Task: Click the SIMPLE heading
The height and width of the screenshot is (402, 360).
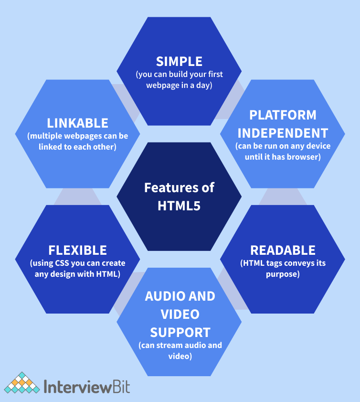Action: coord(179,61)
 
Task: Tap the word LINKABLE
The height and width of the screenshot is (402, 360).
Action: coord(77,123)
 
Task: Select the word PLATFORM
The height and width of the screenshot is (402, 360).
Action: coord(283,115)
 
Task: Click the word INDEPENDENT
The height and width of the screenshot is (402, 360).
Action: coord(283,132)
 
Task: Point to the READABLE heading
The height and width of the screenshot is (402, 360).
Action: coord(283,250)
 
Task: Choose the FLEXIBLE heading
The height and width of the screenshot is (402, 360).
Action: coord(77,250)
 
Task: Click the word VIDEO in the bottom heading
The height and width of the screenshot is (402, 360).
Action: coord(179,314)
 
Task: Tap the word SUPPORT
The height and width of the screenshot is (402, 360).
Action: coord(179,332)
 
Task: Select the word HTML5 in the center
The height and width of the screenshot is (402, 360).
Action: coord(179,206)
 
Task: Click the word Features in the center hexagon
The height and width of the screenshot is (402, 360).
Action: coord(165,187)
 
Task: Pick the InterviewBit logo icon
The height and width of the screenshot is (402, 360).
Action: coord(22,383)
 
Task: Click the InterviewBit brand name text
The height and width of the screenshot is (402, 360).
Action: coord(86,386)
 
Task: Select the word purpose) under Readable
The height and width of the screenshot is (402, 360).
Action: coord(283,274)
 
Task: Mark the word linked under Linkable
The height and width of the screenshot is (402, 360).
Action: coord(50,147)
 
